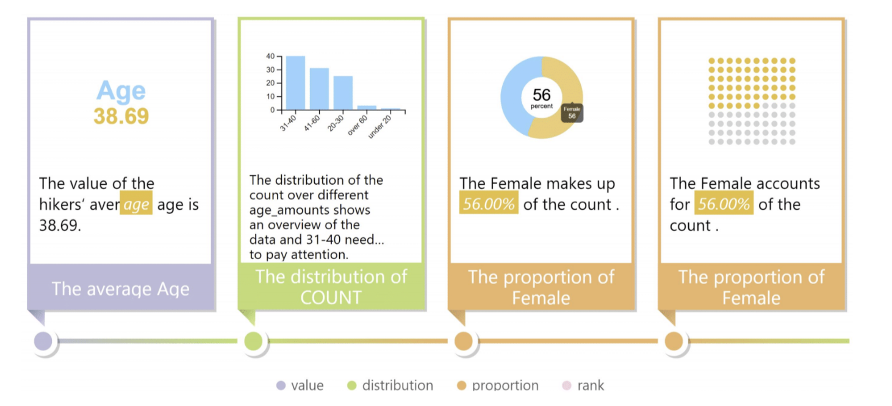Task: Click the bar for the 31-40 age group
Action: pos(295,83)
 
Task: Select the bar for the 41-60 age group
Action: pos(319,89)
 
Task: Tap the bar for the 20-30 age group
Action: pos(343,93)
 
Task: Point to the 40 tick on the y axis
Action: pos(271,56)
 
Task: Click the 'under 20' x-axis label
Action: pos(379,127)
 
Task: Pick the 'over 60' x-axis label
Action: pos(357,126)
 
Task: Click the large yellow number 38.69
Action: pos(121,116)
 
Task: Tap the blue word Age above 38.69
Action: pos(121,91)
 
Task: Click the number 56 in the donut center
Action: pos(542,94)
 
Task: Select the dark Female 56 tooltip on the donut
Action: pos(572,113)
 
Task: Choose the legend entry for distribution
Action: pos(390,385)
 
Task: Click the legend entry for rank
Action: pos(583,385)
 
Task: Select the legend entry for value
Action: pos(300,385)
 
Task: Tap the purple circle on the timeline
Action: pos(43,341)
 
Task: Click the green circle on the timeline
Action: pos(253,341)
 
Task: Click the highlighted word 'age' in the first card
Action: pos(136,203)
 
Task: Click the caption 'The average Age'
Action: pos(121,288)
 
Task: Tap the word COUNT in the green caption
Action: pos(331,297)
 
